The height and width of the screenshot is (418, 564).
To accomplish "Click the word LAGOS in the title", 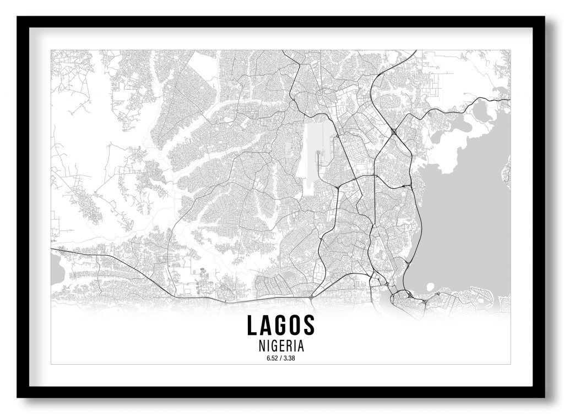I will pyautogui.click(x=281, y=325).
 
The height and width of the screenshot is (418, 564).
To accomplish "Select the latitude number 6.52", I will pyautogui.click(x=272, y=359).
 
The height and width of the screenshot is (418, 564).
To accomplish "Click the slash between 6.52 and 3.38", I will pyautogui.click(x=281, y=359).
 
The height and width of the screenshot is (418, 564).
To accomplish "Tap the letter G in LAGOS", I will pyautogui.click(x=280, y=325).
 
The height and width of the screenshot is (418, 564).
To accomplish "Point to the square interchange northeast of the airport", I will pyautogui.click(x=394, y=131).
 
